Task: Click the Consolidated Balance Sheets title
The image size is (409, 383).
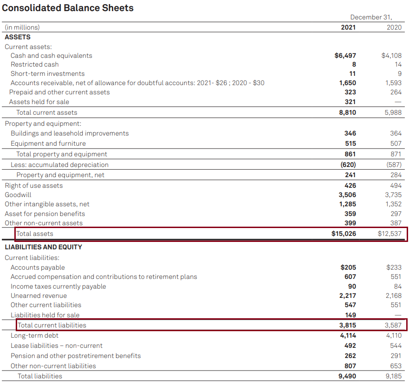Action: click(x=68, y=8)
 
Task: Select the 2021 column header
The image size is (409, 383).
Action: click(x=348, y=27)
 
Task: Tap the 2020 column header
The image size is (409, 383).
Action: click(x=394, y=27)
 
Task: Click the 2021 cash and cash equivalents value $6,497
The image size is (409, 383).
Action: click(x=345, y=56)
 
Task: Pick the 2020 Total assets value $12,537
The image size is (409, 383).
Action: click(x=390, y=234)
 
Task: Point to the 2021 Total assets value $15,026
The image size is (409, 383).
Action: click(x=344, y=234)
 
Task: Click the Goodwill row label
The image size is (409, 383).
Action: click(x=18, y=195)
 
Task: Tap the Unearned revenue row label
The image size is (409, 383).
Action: click(x=38, y=296)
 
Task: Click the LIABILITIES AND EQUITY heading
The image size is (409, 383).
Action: click(x=43, y=247)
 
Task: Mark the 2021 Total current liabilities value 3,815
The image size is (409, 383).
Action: click(x=347, y=325)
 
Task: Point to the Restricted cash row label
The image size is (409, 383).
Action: click(x=35, y=64)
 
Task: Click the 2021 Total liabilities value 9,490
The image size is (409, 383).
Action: click(x=347, y=376)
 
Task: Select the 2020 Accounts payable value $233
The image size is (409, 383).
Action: click(x=394, y=267)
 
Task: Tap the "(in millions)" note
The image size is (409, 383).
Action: click(x=22, y=27)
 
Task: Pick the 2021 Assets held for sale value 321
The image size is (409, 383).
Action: click(x=350, y=102)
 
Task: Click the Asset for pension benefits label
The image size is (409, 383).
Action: click(x=45, y=214)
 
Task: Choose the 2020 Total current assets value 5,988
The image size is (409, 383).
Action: click(x=393, y=112)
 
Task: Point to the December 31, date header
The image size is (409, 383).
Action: click(x=371, y=17)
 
